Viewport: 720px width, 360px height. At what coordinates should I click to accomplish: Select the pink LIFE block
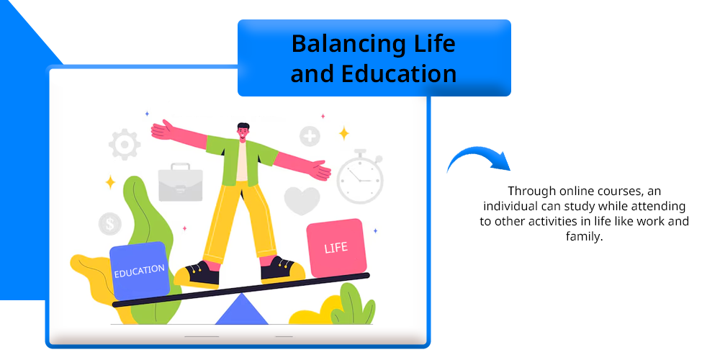click(336, 248)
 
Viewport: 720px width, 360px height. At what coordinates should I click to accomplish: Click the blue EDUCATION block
click(140, 271)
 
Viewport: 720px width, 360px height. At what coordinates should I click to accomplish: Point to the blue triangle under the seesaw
click(241, 309)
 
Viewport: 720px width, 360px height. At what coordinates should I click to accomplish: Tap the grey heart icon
click(302, 201)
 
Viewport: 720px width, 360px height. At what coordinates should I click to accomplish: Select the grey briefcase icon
click(181, 182)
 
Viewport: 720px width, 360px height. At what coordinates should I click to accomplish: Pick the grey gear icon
click(125, 145)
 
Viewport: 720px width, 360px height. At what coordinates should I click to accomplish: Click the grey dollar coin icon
click(110, 224)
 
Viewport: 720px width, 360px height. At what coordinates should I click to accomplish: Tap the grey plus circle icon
click(310, 136)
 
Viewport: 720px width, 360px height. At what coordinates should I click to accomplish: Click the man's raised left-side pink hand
click(163, 130)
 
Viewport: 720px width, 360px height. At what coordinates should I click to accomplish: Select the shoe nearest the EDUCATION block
click(197, 274)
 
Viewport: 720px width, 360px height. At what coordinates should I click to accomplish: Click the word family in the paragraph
click(584, 237)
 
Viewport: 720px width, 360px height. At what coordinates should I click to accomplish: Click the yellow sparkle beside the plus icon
click(344, 133)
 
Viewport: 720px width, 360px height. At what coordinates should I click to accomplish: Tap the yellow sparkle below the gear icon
click(110, 182)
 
